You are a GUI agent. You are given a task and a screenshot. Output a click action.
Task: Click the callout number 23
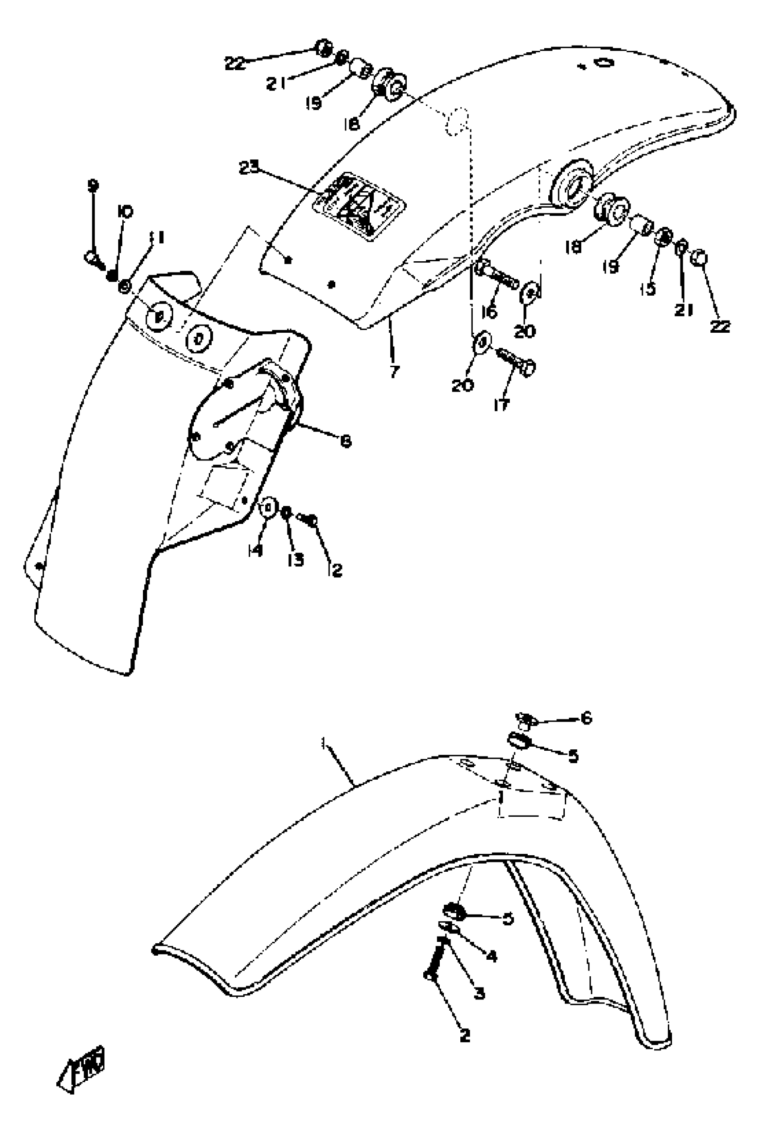pos(249,167)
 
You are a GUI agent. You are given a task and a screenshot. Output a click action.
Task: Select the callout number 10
pos(125,212)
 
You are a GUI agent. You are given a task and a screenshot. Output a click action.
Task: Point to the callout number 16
pos(489,312)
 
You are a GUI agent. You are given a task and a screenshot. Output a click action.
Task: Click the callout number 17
pos(502,404)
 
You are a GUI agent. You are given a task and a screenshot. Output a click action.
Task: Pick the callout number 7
pos(395,372)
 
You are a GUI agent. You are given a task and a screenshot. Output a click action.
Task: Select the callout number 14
pos(255,550)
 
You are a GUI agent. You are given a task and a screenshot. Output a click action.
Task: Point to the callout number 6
pos(586,718)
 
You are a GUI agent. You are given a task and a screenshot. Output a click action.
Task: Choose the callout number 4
pos(491,956)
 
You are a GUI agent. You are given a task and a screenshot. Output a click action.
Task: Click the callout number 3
pos(479,994)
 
